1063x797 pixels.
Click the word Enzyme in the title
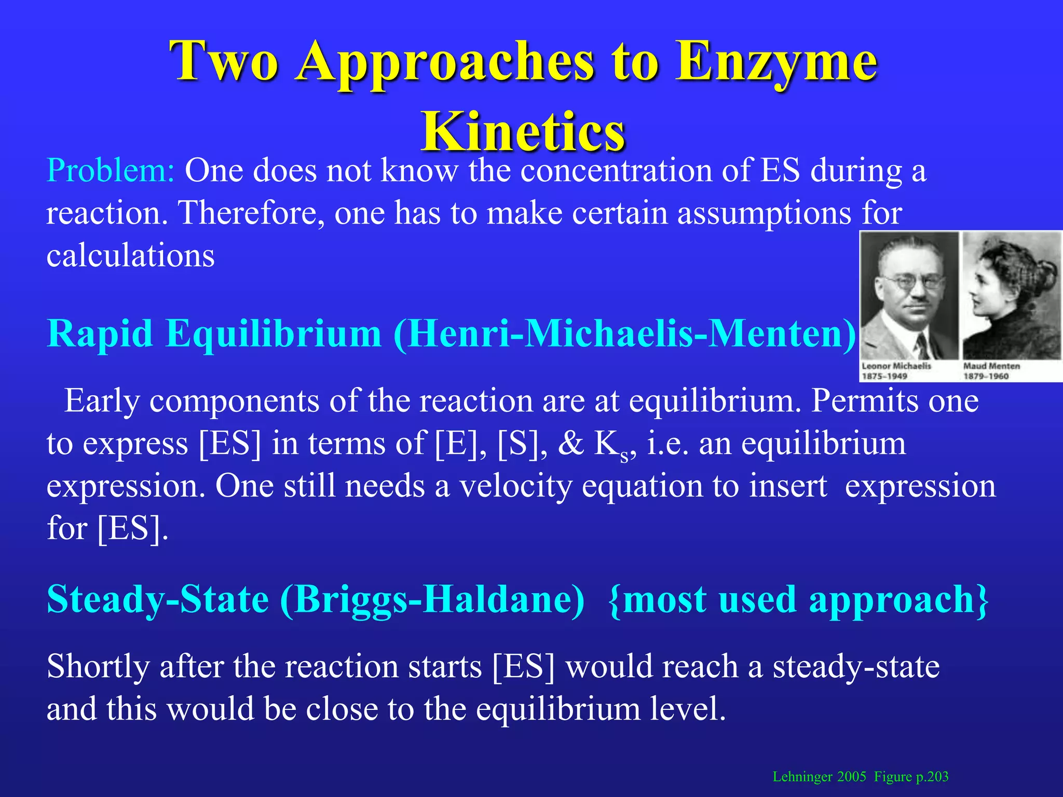(x=776, y=62)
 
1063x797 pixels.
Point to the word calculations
(x=130, y=255)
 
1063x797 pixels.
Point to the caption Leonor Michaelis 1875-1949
(x=896, y=370)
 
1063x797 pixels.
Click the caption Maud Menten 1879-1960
(x=991, y=370)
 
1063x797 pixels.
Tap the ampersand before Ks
(x=571, y=444)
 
